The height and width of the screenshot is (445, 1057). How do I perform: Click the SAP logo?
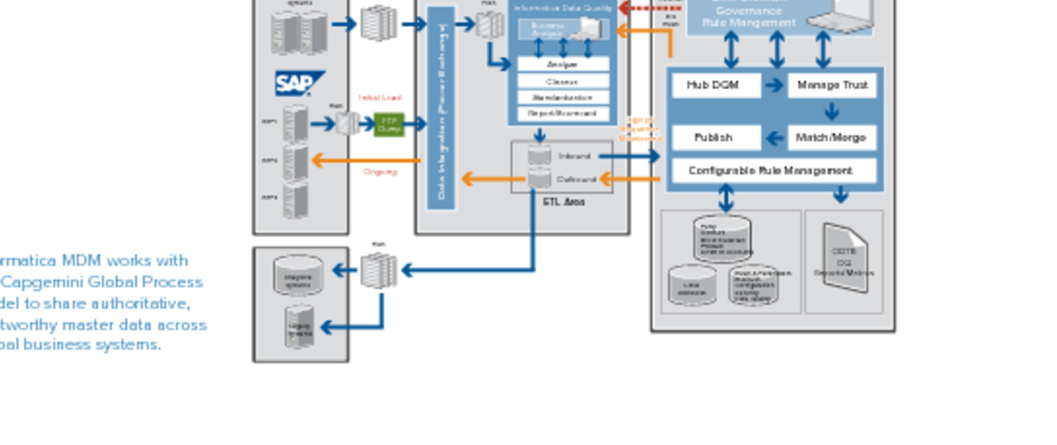[x=300, y=83]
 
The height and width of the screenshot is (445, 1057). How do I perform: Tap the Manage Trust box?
[x=832, y=85]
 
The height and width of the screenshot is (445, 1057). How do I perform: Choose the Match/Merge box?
[x=832, y=137]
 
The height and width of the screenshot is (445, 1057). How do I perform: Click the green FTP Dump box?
[x=389, y=125]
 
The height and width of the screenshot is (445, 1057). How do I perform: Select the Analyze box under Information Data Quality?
[x=563, y=64]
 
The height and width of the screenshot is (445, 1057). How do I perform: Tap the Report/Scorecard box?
[x=563, y=113]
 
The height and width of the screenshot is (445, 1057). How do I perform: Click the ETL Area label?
[x=564, y=202]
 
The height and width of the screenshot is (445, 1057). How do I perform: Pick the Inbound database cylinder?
[x=539, y=156]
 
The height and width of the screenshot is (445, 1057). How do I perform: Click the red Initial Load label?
[x=380, y=98]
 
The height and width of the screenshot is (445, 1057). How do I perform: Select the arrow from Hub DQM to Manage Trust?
[x=774, y=85]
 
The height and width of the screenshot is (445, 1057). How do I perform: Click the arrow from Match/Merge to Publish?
[x=774, y=137]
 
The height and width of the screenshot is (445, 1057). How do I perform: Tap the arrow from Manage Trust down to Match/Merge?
[x=832, y=111]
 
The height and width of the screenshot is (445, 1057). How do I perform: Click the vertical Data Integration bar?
[x=441, y=109]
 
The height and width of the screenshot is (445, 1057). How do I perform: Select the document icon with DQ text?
[x=845, y=258]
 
